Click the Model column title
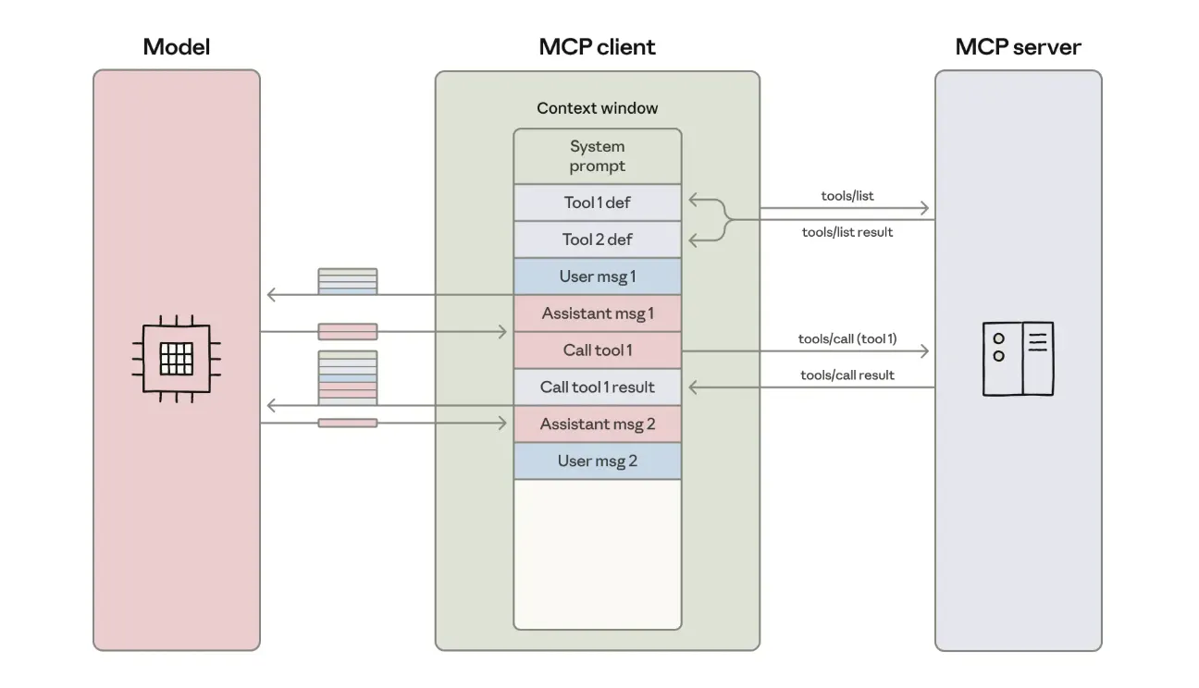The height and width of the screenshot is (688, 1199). click(x=176, y=47)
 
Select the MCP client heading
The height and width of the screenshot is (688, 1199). click(x=597, y=47)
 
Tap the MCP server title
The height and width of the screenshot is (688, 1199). click(x=1018, y=47)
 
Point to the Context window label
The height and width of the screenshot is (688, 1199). click(x=597, y=108)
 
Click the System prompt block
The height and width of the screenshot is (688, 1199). click(x=597, y=156)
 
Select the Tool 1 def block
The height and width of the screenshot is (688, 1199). click(x=597, y=203)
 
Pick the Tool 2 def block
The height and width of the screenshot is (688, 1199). click(x=597, y=240)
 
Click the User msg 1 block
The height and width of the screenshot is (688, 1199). click(x=597, y=276)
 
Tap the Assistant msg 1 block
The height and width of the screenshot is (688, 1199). click(x=597, y=313)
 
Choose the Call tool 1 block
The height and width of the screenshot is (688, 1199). click(x=597, y=350)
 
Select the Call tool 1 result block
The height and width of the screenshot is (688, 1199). click(x=597, y=387)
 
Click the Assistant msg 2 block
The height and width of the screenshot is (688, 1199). click(x=597, y=424)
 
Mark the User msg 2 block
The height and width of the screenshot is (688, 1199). click(x=597, y=461)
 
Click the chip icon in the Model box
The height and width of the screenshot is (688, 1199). click(x=176, y=358)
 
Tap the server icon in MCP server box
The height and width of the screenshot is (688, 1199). click(x=1018, y=359)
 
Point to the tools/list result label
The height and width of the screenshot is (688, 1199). click(x=847, y=232)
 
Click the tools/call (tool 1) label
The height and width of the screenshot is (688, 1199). click(x=847, y=339)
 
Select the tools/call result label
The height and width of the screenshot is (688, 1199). click(x=847, y=375)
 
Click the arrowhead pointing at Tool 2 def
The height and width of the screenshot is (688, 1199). click(x=693, y=240)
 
